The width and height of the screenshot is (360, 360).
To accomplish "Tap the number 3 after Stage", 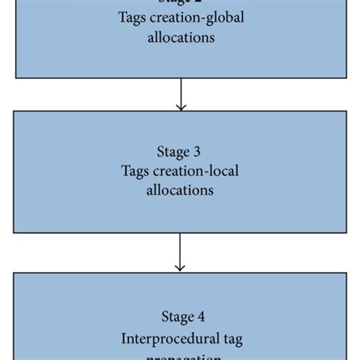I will (197, 152).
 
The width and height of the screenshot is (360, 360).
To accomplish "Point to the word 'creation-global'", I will (195, 19).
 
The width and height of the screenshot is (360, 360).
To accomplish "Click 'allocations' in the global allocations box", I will (180, 37).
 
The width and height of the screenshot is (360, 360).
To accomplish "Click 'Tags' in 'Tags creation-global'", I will (134, 19).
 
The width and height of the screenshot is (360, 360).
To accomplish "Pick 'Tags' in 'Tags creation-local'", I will (137, 171).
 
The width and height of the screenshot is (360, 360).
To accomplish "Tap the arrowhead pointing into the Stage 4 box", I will (180, 267).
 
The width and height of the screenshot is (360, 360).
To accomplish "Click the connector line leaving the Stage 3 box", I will (180, 247).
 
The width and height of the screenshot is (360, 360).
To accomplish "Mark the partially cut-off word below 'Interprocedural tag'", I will (180, 355).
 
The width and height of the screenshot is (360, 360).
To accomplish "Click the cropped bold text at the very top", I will (180, 2).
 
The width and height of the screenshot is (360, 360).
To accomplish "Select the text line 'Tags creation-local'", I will (180, 171).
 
